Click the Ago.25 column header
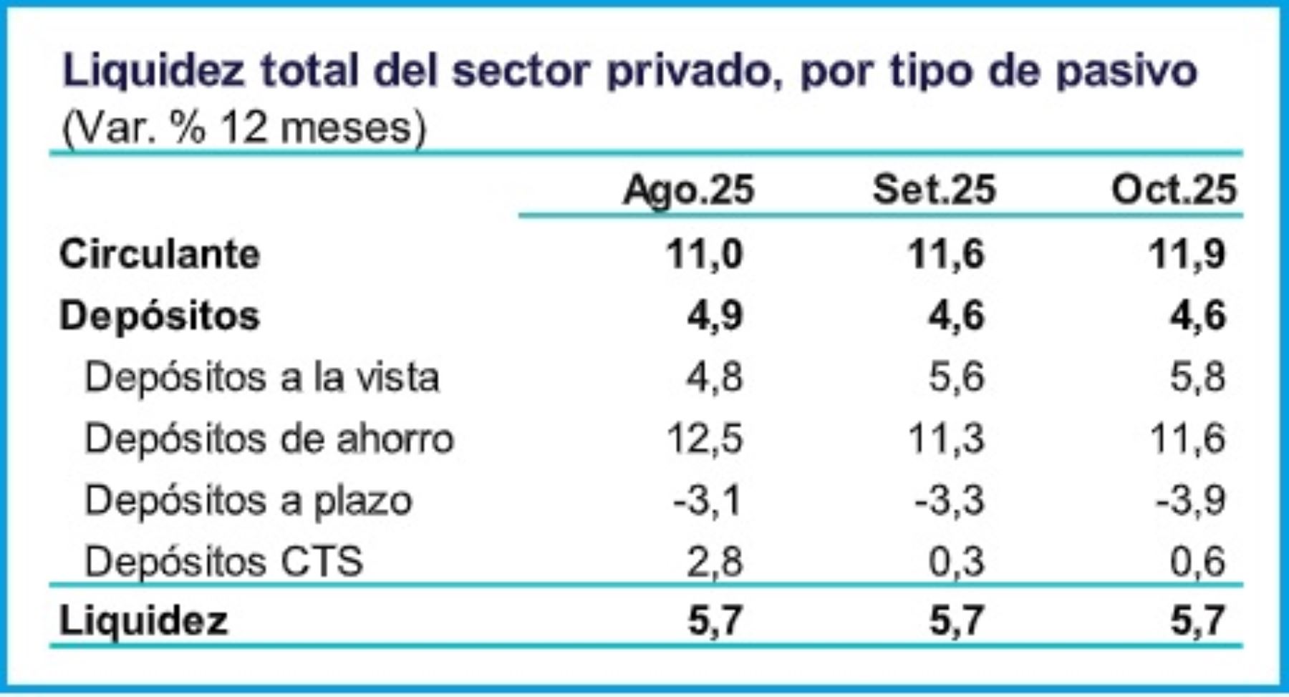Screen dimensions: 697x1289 [x=688, y=190]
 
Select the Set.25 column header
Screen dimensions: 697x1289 [x=934, y=190]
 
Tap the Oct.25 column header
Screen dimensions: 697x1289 [x=1174, y=190]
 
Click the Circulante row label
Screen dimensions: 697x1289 [x=160, y=254]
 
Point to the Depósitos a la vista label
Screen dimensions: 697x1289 [x=261, y=377]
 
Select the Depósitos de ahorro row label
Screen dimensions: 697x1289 [x=269, y=439]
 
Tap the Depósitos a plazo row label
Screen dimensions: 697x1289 [x=248, y=500]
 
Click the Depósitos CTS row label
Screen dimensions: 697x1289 [x=223, y=561]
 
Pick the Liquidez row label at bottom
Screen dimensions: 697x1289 [x=143, y=620]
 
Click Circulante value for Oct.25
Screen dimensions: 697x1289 [x=1187, y=254]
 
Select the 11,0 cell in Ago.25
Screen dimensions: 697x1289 [x=704, y=254]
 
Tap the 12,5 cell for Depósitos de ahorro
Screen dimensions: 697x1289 [x=704, y=439]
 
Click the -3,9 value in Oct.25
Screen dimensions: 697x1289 [x=1190, y=500]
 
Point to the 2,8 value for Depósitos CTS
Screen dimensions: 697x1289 [x=714, y=562]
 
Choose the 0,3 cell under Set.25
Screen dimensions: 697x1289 [x=956, y=562]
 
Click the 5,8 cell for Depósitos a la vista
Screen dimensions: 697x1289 [x=1197, y=377]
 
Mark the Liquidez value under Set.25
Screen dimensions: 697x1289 [x=956, y=620]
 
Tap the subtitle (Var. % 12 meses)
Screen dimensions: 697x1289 [x=244, y=129]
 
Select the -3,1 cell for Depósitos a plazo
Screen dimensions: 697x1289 [x=707, y=500]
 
